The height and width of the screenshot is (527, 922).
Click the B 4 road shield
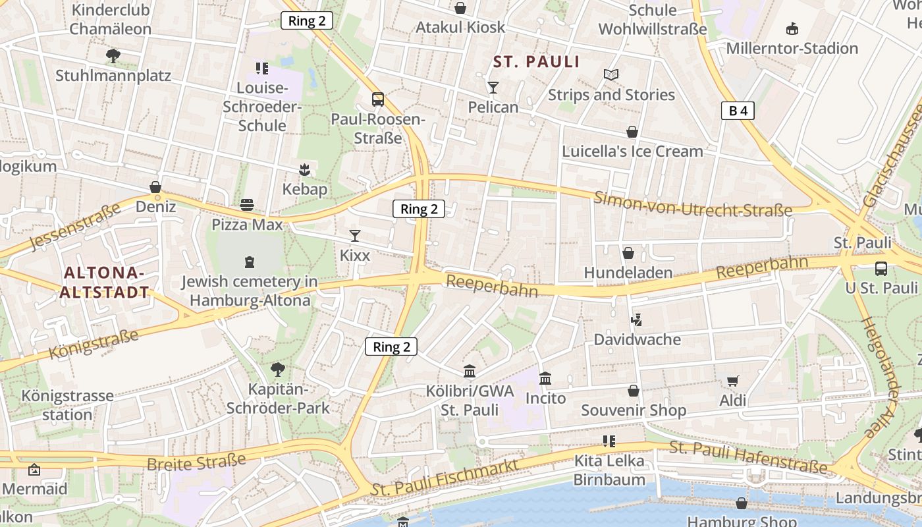738,111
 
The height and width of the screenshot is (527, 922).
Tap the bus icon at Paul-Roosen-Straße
378,99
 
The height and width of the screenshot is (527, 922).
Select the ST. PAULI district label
537,62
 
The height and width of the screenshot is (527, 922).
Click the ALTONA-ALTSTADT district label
104,283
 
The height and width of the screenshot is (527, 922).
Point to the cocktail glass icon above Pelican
493,88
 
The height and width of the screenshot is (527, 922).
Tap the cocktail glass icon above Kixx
355,235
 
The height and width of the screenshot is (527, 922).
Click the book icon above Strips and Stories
611,75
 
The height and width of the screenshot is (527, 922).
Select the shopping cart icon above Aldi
732,381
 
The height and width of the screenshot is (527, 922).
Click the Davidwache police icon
636,320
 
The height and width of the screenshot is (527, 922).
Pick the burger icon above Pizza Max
247,205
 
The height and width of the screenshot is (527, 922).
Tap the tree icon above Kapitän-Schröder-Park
278,369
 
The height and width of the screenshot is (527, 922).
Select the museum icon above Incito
545,379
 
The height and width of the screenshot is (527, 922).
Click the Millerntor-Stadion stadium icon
792,29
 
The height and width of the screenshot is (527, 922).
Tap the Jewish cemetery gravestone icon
249,262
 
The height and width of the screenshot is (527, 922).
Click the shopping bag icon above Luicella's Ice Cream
632,132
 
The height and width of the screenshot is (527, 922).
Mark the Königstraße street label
94,345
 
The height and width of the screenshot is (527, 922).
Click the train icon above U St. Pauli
881,268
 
